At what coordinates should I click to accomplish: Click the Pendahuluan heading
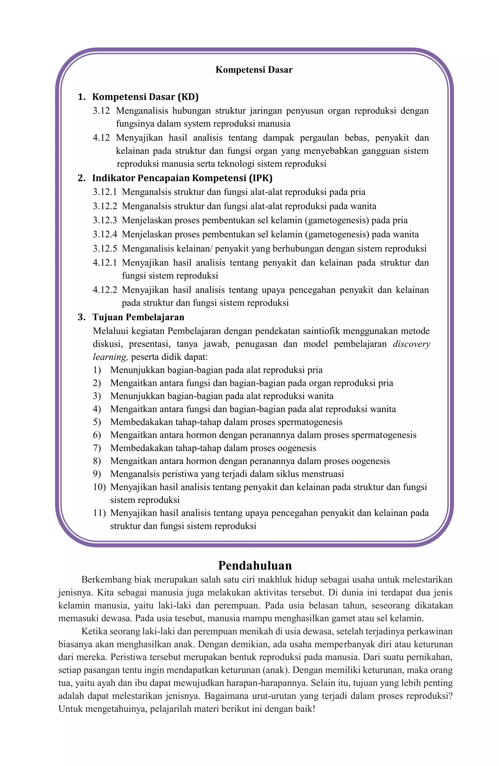pos(255,565)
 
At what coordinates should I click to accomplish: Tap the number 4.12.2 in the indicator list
pos(105,290)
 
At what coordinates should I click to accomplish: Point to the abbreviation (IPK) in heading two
pos(261,178)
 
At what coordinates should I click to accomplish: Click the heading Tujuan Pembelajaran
pos(138,317)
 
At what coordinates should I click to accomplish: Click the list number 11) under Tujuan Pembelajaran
pos(99,513)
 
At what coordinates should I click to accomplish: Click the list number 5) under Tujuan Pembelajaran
pos(97,422)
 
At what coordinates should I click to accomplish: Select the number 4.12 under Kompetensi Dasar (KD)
pos(101,138)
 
